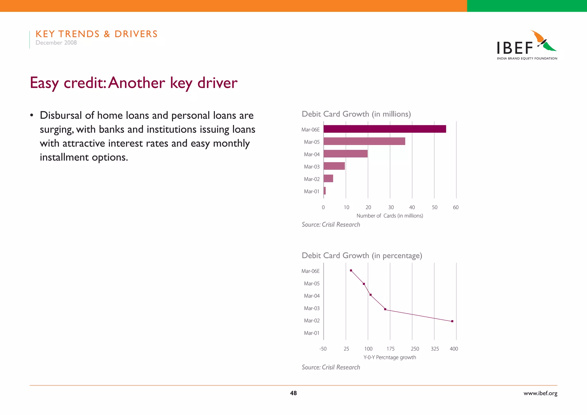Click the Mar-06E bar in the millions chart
tap(385, 129)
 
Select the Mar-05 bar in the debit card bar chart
tap(364, 141)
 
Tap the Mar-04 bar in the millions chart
tap(345, 154)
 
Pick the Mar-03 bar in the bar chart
tap(334, 166)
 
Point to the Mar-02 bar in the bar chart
tap(328, 178)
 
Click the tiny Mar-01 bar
tap(325, 191)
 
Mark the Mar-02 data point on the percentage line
tap(452, 321)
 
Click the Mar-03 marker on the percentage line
tap(385, 309)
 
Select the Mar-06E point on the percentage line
tap(351, 271)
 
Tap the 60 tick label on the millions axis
tap(456, 207)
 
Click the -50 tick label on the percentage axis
tap(323, 349)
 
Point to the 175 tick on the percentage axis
tap(390, 349)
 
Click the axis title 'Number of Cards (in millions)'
tap(390, 216)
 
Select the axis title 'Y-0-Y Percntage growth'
tap(390, 357)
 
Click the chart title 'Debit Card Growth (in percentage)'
tap(362, 255)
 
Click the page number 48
tap(293, 393)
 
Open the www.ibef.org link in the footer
tap(540, 394)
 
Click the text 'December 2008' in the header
tap(56, 43)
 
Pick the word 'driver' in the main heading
tap(217, 83)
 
